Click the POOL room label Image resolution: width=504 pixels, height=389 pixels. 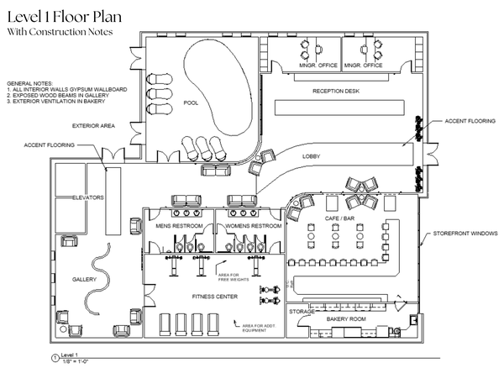(190, 103)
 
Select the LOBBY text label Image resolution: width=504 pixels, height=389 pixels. (312, 156)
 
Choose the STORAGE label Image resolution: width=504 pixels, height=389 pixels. (302, 312)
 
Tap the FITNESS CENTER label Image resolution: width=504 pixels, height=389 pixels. (214, 297)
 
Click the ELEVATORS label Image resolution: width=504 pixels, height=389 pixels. (87, 197)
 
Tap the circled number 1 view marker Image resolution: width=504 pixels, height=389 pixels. (55, 358)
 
